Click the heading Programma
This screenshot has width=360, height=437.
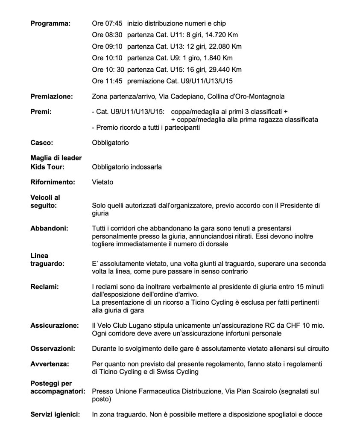[x=50, y=23]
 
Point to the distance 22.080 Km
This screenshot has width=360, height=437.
[x=226, y=46]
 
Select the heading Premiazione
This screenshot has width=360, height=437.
[x=52, y=96]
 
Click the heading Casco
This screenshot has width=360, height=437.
[x=42, y=143]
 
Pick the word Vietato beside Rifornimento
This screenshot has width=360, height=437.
[x=102, y=182]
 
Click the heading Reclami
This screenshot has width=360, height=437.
[x=45, y=287]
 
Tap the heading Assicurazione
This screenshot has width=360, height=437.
[x=54, y=326]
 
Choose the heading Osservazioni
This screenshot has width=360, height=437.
[x=53, y=349]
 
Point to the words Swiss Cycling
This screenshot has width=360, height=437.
[x=178, y=372]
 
